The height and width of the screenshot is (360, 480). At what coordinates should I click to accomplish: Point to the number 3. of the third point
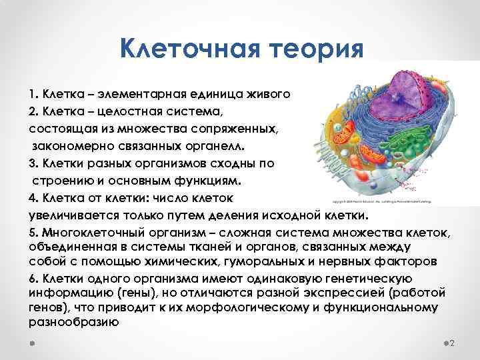coord(34,163)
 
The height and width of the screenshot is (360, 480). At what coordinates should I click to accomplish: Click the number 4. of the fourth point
coord(34,198)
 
